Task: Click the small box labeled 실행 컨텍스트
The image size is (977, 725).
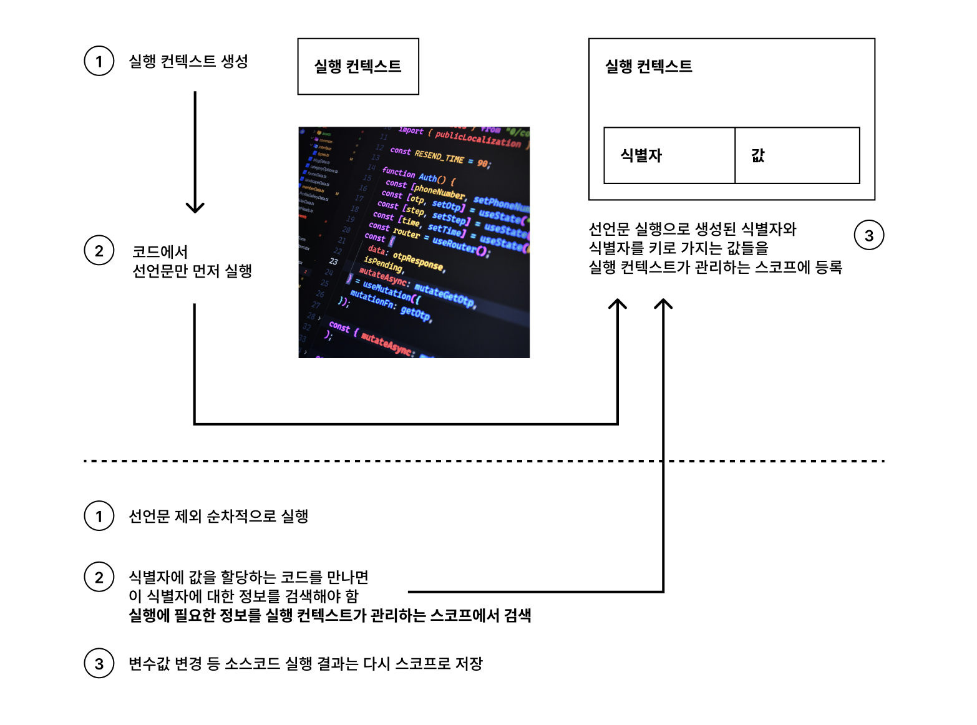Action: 357,67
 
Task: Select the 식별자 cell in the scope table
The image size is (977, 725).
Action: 669,155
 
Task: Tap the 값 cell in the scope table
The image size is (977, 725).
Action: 797,155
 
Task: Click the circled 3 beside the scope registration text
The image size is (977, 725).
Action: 868,235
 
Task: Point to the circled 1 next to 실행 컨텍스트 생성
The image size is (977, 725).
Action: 99,61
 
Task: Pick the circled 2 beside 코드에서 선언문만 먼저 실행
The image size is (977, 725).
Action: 99,251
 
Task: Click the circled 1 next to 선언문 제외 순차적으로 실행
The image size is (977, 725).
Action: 99,516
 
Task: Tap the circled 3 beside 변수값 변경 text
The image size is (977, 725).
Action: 99,663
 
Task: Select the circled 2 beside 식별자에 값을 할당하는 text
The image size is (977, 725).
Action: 99,577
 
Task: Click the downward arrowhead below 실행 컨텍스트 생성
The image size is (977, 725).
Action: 195,207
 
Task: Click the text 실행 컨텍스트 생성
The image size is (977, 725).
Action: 188,61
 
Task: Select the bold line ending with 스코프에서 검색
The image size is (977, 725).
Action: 329,615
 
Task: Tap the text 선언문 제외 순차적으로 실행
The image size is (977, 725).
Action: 218,516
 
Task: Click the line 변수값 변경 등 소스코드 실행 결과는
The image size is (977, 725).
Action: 306,663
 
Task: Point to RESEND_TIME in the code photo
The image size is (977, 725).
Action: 439,157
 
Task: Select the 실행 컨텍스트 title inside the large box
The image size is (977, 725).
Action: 648,67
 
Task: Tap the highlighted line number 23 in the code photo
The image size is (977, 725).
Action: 334,261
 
